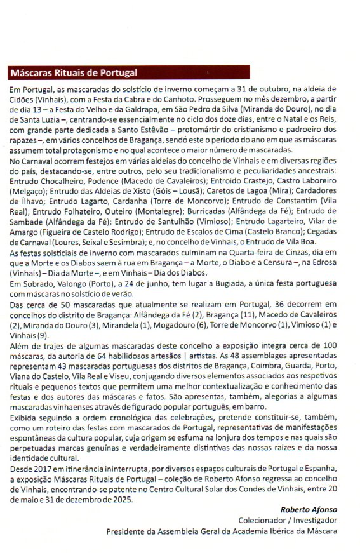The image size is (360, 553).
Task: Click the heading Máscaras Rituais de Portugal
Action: [x=74, y=72]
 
